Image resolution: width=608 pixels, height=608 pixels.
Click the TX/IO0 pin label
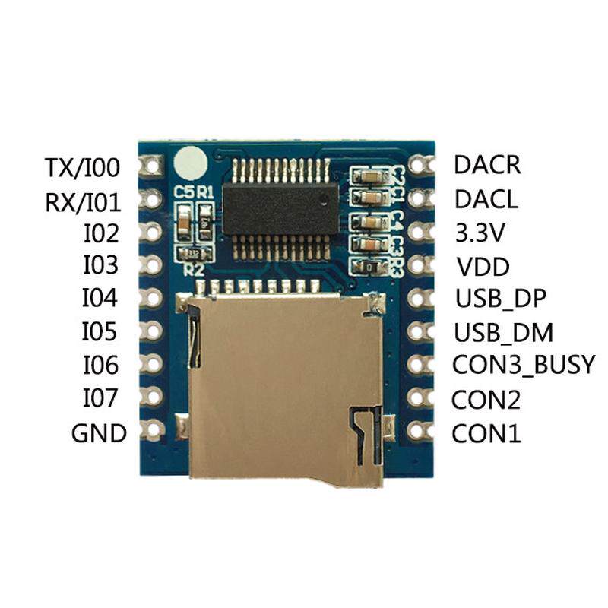point(82,167)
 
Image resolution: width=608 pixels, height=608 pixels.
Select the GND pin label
point(99,432)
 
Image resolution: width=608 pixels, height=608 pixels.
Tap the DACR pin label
point(487,164)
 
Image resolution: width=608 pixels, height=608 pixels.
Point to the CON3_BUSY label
point(523,366)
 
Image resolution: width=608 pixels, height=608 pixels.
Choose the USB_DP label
point(501,299)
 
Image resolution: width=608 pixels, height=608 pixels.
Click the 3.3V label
point(480,233)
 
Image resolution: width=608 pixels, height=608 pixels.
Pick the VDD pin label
point(483,267)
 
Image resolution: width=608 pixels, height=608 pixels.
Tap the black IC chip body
point(280,208)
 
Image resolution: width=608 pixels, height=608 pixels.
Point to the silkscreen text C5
point(183,192)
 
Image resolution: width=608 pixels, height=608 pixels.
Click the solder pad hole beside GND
point(153,429)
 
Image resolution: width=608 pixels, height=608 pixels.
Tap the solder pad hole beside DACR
point(417,164)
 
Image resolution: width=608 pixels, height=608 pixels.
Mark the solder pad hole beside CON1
point(417,429)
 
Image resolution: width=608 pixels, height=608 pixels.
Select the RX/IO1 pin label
point(83,202)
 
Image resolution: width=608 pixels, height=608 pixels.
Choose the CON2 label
point(486,400)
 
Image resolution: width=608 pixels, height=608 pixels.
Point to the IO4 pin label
point(100,298)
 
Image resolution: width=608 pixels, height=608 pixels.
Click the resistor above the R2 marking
point(194,254)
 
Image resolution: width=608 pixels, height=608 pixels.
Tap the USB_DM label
point(503,333)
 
